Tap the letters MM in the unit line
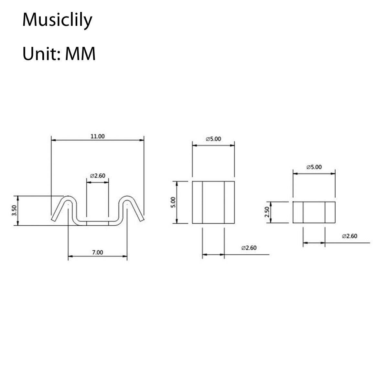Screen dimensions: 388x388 tap(80, 54)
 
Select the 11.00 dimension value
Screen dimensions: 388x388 tap(97, 136)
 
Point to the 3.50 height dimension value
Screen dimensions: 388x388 tap(14, 211)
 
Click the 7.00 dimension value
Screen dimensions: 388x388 tap(97, 252)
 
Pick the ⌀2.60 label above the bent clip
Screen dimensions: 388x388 tap(97, 176)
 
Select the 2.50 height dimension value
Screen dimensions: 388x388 tap(267, 212)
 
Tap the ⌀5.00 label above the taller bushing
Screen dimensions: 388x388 tap(213, 139)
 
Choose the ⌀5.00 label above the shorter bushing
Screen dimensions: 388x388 tap(314, 167)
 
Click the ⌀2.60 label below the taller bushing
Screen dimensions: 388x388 tap(249, 248)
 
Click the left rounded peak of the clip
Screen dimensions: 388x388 tap(68, 198)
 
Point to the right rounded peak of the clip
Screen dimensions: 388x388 tap(127, 198)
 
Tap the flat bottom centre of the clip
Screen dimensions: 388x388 tap(97, 223)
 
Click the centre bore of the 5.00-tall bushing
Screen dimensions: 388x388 tap(213, 202)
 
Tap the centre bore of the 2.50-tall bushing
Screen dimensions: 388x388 tap(314, 212)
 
